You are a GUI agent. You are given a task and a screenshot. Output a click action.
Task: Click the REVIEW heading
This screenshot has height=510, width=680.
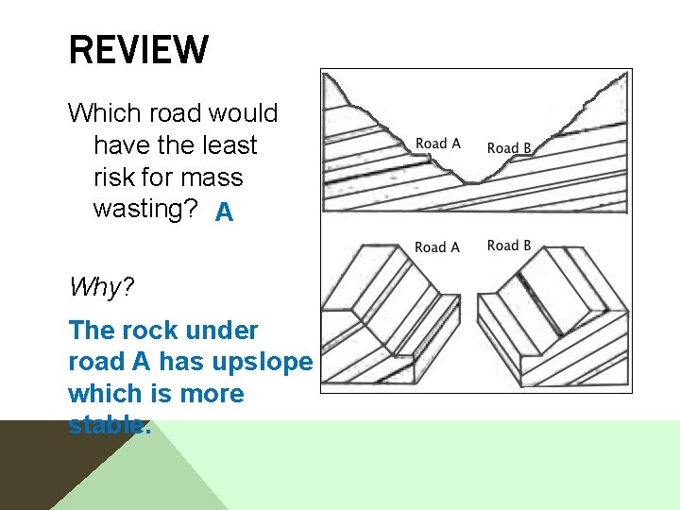tap(139, 50)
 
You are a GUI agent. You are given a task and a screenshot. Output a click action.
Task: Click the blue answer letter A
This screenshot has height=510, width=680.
tap(224, 212)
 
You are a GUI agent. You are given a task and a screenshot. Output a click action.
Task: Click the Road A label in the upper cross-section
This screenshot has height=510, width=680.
tap(437, 144)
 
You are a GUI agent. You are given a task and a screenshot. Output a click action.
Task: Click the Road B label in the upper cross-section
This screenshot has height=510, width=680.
tap(509, 147)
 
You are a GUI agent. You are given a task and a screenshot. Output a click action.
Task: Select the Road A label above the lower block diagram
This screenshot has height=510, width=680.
tap(437, 246)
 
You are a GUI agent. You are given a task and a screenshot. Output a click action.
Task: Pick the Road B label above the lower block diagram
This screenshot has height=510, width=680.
tap(509, 246)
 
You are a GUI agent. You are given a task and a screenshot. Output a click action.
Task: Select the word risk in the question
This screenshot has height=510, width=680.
tap(114, 178)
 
